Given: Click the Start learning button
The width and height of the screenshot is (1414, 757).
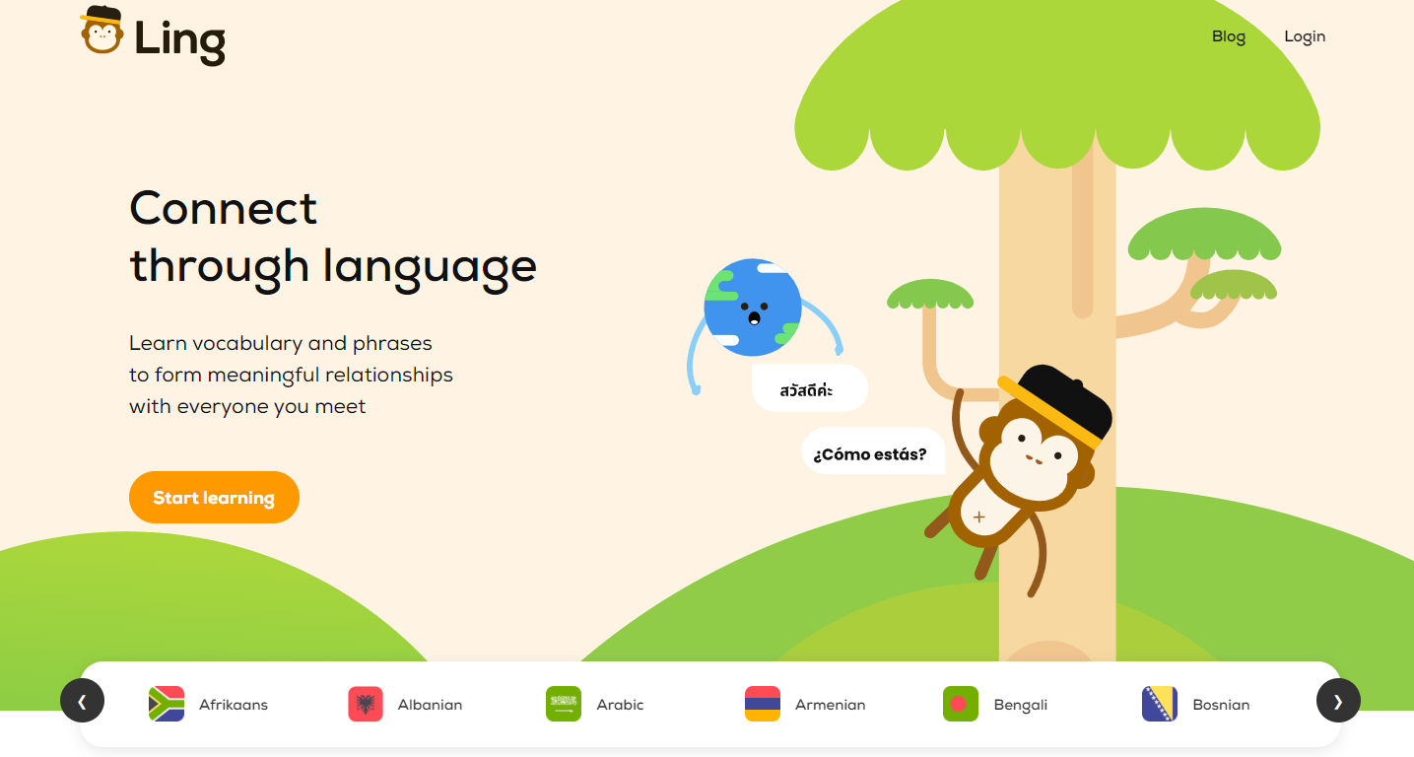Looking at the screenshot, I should coord(214,498).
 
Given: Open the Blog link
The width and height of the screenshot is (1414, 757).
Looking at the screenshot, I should coord(1228,36).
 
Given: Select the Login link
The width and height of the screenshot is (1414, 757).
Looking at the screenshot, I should coord(1305,36).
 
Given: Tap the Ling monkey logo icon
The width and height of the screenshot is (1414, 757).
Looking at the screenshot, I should coord(101,32).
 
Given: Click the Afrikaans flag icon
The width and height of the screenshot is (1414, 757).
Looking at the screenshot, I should coord(167,704).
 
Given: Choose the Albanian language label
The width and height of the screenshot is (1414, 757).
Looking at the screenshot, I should coord(430,705).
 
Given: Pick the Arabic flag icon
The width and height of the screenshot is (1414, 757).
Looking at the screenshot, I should coord(564,704).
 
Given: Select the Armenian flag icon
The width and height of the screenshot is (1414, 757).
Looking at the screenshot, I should coord(763,704).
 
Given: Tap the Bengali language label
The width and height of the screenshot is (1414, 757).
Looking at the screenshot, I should coord(1020,705).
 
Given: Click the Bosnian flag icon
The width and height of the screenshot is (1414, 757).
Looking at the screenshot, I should coord(1160,704).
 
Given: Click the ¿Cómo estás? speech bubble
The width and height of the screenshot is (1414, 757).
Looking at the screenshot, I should coord(870,454).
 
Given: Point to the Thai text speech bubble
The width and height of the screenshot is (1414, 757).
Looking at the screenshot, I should coord(807,390).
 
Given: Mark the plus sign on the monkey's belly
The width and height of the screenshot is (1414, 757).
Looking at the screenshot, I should coord(978,516).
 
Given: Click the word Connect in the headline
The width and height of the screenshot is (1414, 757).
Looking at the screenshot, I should coord(224,208).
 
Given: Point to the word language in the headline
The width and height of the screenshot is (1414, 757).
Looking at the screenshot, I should coord(430,267).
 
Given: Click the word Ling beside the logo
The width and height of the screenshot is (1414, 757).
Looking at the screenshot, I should coord(180,40).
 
